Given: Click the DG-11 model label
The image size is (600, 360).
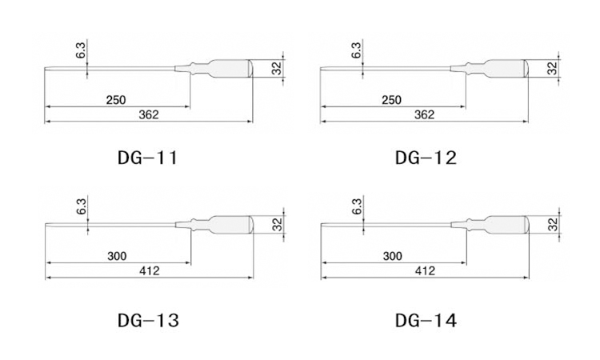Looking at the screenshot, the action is point(147,158).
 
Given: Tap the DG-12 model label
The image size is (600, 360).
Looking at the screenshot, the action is point(426,158).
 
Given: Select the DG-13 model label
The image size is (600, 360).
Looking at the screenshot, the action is point(148,320).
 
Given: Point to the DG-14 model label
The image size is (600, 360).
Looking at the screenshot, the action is point(426,320).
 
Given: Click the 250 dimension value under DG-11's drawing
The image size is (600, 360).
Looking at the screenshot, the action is point(116,100).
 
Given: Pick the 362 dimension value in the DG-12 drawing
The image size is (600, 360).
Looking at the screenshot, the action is point(424,114).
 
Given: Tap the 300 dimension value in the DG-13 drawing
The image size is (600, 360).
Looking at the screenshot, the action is point(117,256).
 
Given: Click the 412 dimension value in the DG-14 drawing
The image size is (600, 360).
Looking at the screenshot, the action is point(425,271).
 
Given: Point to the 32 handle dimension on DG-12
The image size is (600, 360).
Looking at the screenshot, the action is point(552,69).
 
